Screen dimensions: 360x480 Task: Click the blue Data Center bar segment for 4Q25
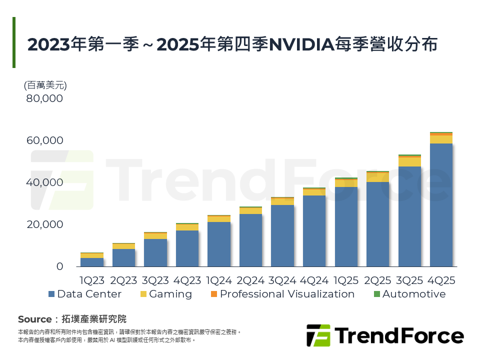click(441, 205)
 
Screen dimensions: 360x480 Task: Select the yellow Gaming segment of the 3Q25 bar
click(409, 162)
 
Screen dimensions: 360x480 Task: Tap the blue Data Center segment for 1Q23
click(91, 262)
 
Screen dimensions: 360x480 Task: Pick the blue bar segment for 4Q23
click(187, 248)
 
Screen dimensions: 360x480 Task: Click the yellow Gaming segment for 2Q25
click(377, 177)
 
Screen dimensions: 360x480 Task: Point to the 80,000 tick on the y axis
click(44, 98)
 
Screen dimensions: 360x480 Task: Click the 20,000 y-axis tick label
click(44, 224)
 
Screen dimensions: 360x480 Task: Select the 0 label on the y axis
click(59, 266)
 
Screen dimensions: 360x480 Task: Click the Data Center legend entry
click(85, 294)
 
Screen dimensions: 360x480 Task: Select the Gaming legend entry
click(165, 294)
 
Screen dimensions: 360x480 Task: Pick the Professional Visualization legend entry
click(282, 294)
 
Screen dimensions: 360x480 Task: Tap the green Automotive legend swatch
click(377, 294)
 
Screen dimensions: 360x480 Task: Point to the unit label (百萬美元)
click(45, 85)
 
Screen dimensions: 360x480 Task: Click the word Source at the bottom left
click(34, 319)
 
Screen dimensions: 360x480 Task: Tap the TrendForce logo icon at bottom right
click(318, 335)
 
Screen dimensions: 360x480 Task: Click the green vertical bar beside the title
click(14, 42)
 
